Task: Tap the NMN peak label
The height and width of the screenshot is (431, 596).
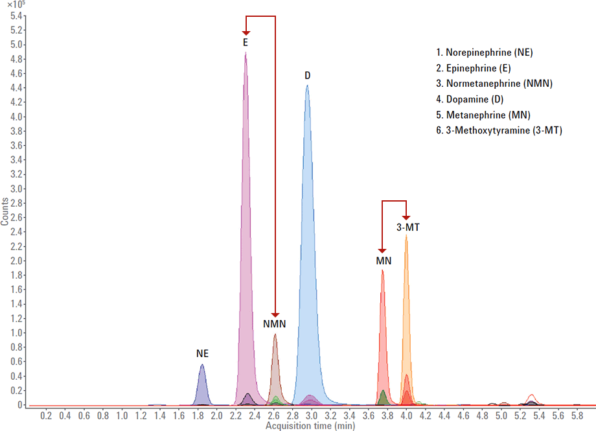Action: point(275,323)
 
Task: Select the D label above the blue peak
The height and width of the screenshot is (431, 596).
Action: point(308,76)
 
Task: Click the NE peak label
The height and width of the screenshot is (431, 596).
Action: point(203,354)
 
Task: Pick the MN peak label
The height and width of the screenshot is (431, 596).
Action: point(384,261)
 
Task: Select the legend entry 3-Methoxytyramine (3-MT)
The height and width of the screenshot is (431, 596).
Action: point(499,130)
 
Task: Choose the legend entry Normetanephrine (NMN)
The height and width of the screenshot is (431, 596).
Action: point(494,83)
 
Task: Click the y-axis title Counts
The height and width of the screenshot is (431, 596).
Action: point(5,211)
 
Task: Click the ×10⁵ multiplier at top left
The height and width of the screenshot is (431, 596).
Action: point(12,5)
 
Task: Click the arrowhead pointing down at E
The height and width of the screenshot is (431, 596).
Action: point(246,31)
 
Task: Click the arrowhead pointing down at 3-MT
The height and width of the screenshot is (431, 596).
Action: point(406,216)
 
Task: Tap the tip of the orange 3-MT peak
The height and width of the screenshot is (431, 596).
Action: point(406,235)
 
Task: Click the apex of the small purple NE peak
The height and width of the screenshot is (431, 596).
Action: point(202,365)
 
